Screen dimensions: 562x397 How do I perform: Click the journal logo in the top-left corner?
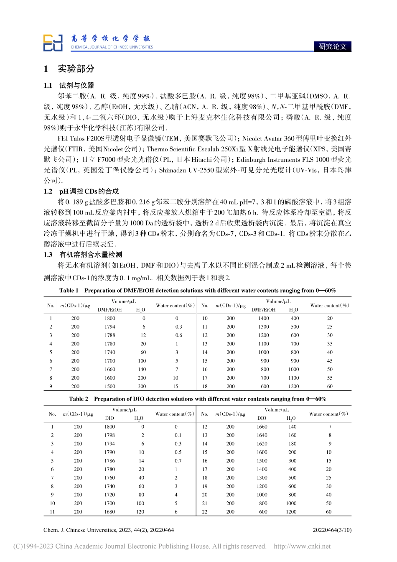53,43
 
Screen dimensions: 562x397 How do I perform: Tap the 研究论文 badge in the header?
332,46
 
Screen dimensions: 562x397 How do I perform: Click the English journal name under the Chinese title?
112,47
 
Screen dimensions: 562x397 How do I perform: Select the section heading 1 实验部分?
69,69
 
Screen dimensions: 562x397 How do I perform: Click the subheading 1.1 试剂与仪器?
69,85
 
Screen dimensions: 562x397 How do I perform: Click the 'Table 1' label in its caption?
69,291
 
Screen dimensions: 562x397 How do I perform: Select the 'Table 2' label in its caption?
79,399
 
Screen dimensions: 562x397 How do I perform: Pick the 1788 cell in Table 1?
110,335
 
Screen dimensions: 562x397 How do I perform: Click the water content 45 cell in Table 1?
330,361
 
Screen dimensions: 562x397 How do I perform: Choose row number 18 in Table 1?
205,386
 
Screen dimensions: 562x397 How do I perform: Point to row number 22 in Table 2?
205,512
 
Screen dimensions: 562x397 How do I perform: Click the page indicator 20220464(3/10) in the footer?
332,530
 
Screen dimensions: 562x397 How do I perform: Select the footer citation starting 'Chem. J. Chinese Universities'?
109,530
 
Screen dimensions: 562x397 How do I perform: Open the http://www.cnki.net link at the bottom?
302,546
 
